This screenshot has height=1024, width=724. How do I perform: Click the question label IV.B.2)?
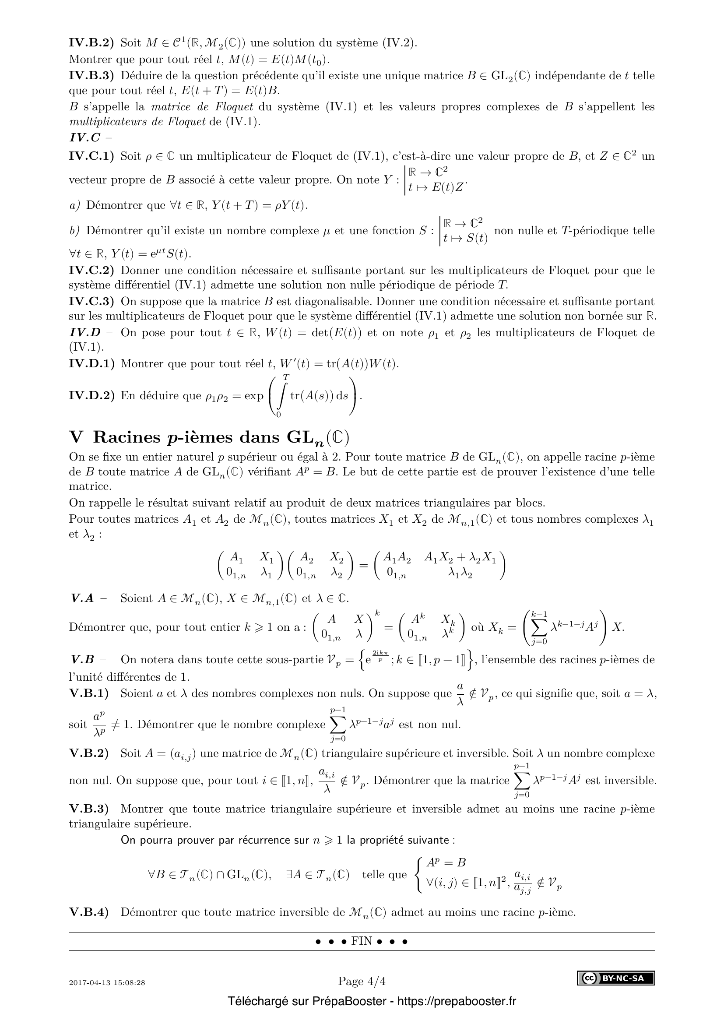point(91,43)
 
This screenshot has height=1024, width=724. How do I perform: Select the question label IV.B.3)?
point(91,76)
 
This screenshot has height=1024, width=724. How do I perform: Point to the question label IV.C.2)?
point(91,270)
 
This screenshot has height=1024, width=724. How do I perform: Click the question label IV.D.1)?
point(91,364)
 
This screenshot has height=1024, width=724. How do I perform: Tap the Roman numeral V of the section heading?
point(76,437)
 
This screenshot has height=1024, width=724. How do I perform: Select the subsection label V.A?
point(82,598)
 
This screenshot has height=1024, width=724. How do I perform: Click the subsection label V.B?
point(82,660)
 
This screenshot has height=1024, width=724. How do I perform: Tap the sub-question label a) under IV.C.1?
point(74,206)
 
